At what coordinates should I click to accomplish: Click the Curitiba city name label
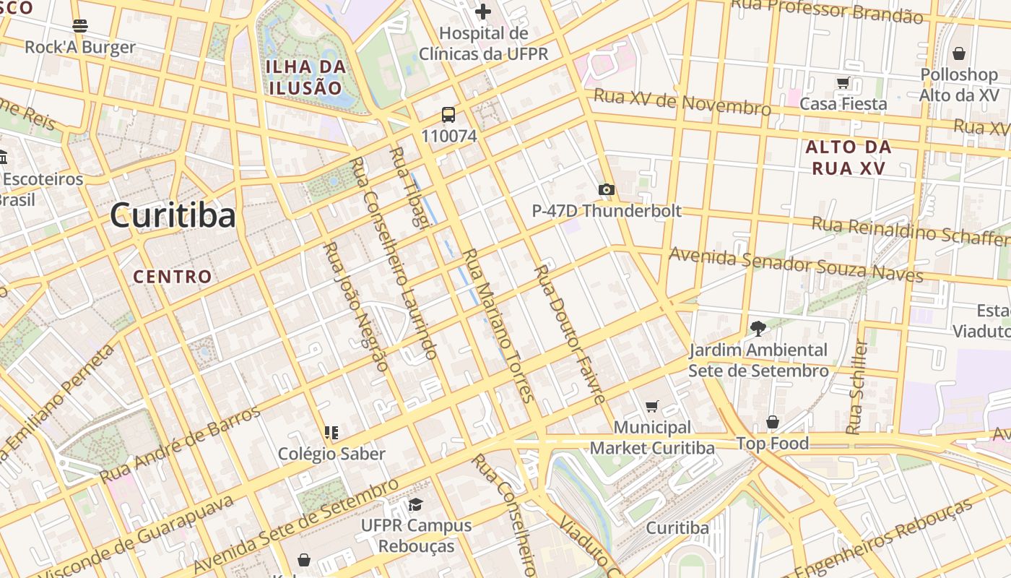[173, 215]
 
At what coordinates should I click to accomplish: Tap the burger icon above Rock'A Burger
[80, 26]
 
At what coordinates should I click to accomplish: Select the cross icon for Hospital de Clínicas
[483, 12]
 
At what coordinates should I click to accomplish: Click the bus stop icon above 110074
[448, 115]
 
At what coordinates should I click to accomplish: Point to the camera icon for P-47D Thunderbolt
[606, 190]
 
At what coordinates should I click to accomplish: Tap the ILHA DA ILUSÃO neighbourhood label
[304, 77]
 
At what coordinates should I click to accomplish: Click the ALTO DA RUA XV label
[849, 158]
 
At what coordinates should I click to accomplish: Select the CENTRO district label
[173, 276]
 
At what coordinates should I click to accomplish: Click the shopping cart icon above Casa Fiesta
[843, 82]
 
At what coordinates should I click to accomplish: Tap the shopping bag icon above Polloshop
[959, 53]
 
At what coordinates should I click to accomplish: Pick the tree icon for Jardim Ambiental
[758, 329]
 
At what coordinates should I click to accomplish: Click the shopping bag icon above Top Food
[773, 422]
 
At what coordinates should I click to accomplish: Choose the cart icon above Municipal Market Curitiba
[652, 407]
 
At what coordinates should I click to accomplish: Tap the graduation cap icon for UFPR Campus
[416, 504]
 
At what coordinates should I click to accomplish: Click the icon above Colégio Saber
[331, 433]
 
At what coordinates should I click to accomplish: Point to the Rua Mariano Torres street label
[498, 325]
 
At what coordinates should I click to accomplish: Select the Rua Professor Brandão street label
[827, 10]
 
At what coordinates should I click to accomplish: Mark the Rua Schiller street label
[856, 387]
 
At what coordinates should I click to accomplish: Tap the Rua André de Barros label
[180, 445]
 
